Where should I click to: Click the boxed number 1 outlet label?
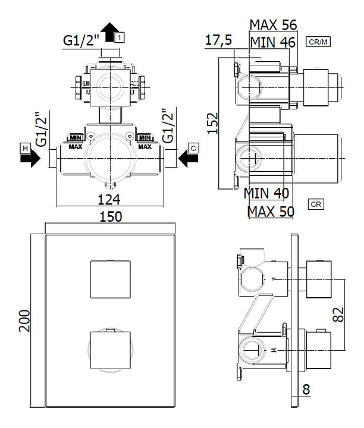[120, 37]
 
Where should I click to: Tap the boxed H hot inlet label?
[25, 149]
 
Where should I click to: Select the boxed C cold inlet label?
[193, 148]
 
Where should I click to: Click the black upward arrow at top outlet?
[110, 32]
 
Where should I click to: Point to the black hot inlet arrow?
[30, 158]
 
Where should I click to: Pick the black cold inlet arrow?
[188, 158]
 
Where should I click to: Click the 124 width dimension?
[109, 200]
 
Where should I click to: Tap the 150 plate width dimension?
[111, 217]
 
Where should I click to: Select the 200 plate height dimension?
[24, 321]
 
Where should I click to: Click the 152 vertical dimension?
[213, 123]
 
